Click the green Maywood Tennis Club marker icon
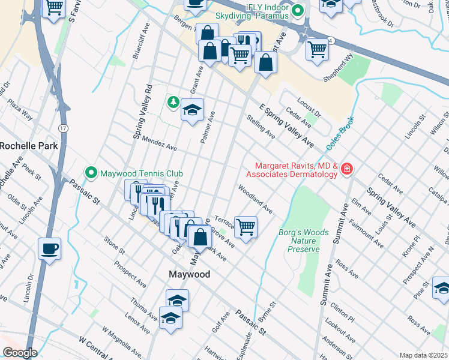point(91,173)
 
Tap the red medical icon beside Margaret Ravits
point(346,170)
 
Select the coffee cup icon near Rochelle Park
point(49,248)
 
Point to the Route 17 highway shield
point(64,128)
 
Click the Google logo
point(20,353)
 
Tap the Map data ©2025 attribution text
point(423,355)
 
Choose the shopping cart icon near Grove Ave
point(246,227)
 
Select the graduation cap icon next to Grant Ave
point(192,110)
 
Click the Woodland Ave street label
point(255,200)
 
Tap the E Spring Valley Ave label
point(286,125)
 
